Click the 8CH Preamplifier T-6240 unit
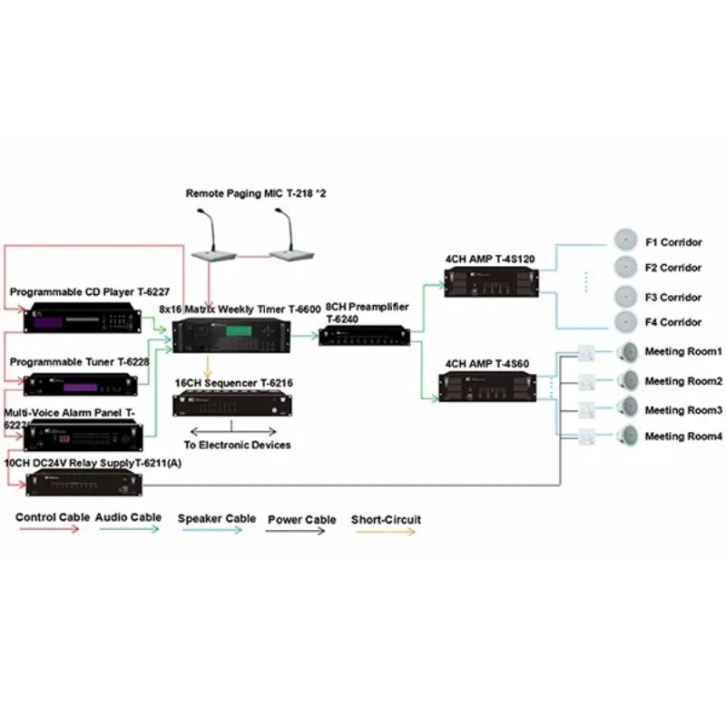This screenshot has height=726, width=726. pos(364,336)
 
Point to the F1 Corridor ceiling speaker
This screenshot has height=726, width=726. pos(624,240)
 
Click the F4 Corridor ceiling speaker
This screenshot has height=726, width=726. pos(624,320)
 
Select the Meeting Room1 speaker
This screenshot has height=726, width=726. pos(625,353)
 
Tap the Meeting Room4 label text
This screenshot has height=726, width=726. pos(683,437)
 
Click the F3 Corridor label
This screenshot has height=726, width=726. pos(673,297)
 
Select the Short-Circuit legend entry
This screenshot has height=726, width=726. pos(386,520)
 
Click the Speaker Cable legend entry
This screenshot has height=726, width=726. pos(217,520)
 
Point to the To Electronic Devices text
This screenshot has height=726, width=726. pos(238,445)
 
